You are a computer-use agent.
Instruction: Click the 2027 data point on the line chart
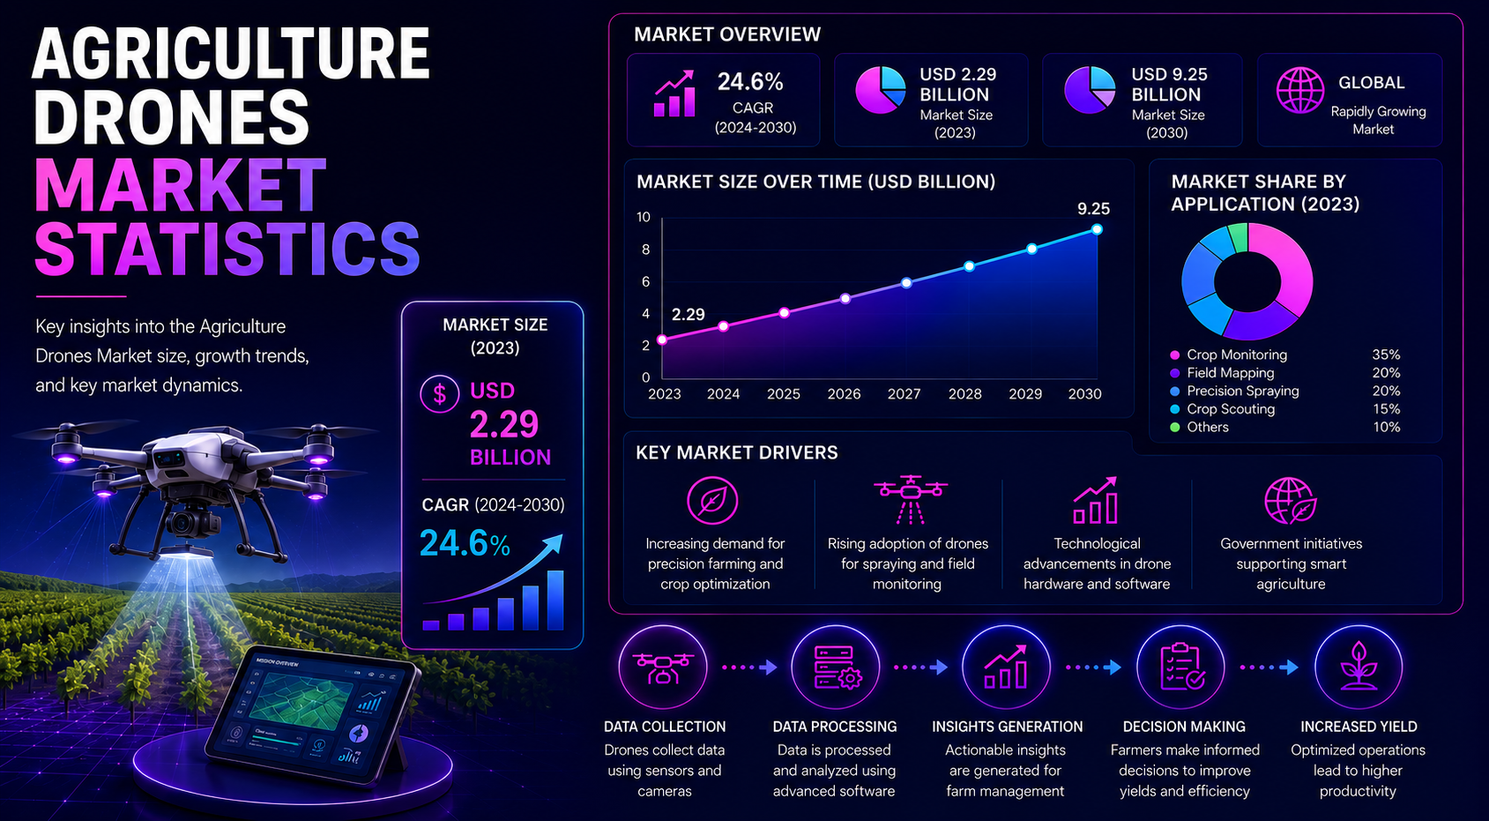[x=906, y=282]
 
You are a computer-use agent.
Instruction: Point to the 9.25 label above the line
[x=1093, y=209]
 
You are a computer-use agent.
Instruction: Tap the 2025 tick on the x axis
[x=784, y=394]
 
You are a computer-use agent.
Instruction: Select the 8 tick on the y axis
[x=645, y=250]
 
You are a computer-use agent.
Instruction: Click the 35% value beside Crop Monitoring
[x=1386, y=355]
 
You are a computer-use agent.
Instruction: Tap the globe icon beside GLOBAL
[x=1299, y=91]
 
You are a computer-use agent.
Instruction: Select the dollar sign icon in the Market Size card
[x=439, y=394]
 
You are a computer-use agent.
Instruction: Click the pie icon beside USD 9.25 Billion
[x=1090, y=90]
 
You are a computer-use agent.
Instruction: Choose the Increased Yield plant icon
[x=1358, y=667]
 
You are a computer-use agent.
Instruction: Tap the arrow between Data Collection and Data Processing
[x=750, y=668]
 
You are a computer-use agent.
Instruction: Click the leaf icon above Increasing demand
[x=712, y=501]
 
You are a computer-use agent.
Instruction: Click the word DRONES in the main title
[x=172, y=117]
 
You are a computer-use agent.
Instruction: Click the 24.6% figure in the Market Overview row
[x=750, y=82]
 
